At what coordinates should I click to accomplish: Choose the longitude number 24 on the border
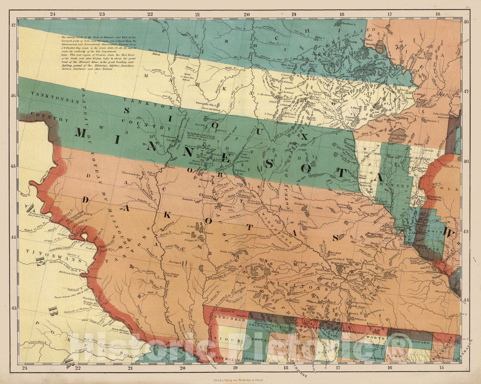pyautogui.click(x=53, y=14)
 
